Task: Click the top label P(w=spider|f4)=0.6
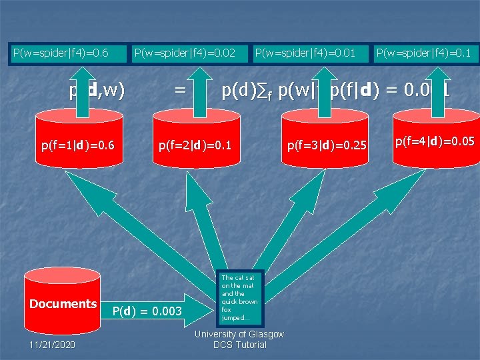click(61, 53)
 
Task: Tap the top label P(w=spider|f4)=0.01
click(305, 53)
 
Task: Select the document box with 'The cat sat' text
click(239, 297)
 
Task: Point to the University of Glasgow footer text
click(239, 334)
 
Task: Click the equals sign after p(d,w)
click(180, 90)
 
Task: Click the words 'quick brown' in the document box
click(239, 302)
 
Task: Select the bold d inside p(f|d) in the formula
click(365, 90)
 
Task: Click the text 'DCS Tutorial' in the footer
click(239, 345)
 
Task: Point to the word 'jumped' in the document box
click(235, 317)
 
